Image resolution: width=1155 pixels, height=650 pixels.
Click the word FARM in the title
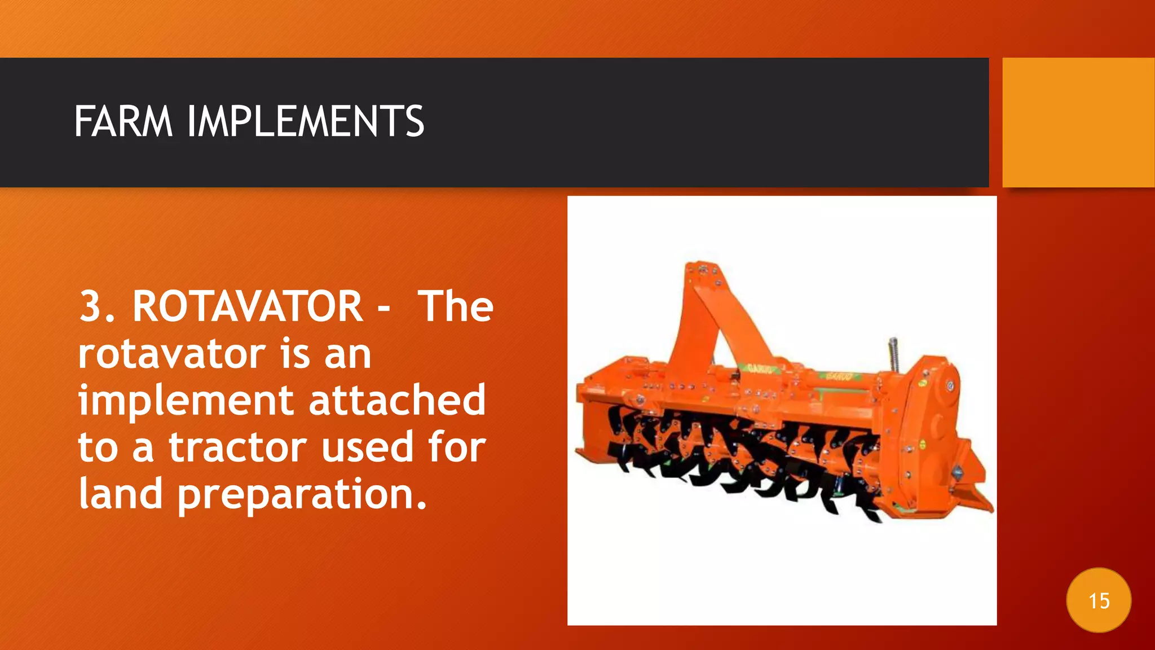pyautogui.click(x=123, y=121)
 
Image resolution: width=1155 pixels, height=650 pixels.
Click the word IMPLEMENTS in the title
pyautogui.click(x=305, y=121)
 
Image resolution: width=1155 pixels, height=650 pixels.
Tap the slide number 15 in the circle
pyautogui.click(x=1099, y=601)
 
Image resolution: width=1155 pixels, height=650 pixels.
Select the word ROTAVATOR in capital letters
pyautogui.click(x=248, y=307)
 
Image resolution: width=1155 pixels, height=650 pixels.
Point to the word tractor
pyautogui.click(x=237, y=447)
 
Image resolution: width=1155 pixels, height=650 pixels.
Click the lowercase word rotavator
pyautogui.click(x=171, y=354)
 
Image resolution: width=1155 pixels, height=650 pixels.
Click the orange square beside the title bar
pyautogui.click(x=1078, y=122)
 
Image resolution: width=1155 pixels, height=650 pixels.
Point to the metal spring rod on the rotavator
pyautogui.click(x=893, y=354)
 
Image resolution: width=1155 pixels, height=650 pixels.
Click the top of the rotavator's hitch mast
pyautogui.click(x=702, y=269)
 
